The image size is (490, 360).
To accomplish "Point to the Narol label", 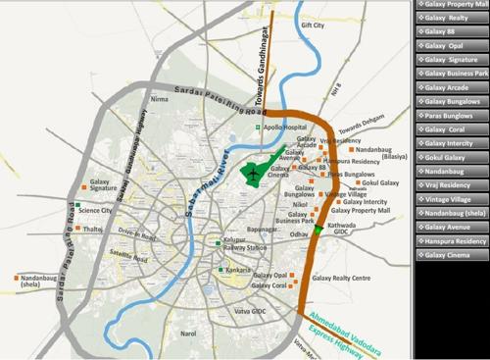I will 189,334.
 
